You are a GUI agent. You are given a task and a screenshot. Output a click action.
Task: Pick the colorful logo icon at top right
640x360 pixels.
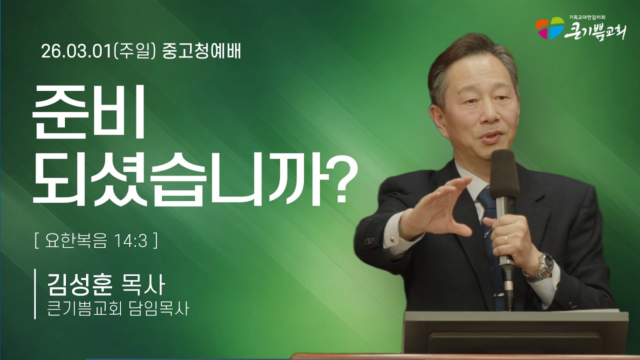[x=549, y=28]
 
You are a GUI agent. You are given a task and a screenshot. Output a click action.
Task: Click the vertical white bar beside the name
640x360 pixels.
[x=35, y=293]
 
